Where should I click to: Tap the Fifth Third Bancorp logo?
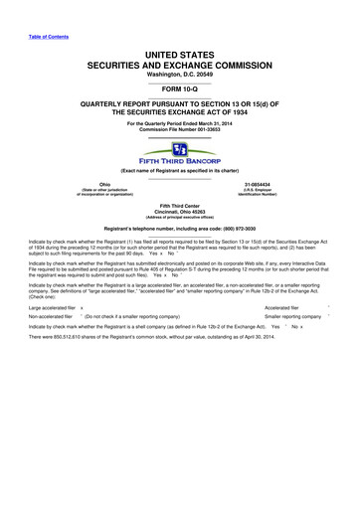click(180, 150)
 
